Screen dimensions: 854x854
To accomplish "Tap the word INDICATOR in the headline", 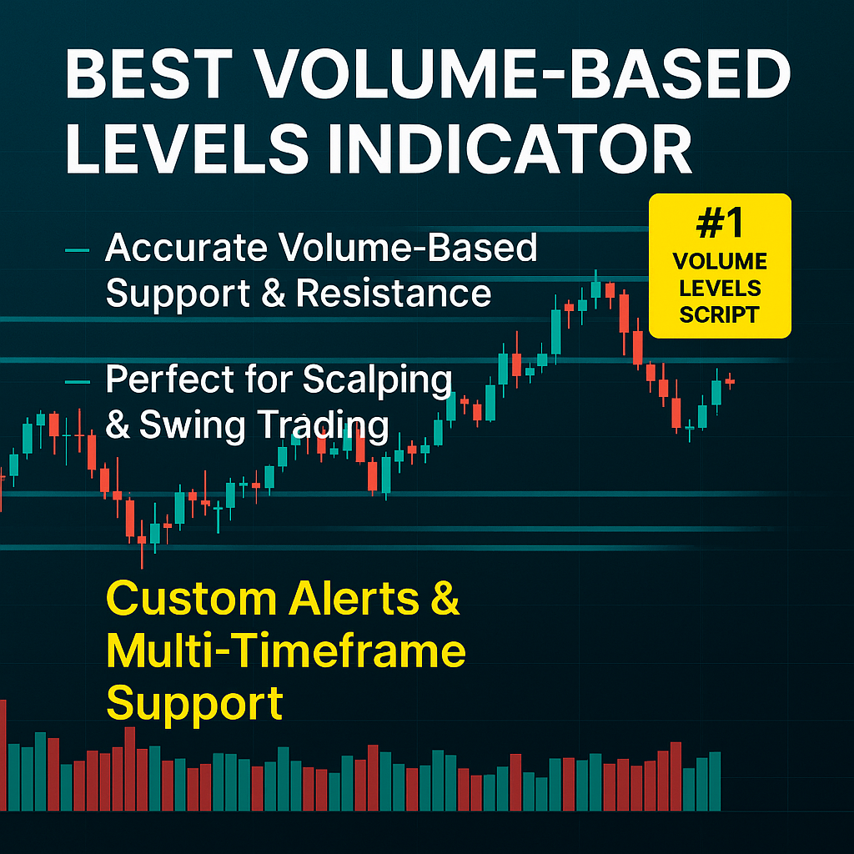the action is (x=510, y=148).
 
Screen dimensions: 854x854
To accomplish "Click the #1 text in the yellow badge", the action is (x=720, y=223).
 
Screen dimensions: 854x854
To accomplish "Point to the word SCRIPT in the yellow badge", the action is (x=720, y=314).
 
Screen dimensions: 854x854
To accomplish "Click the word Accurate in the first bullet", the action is (x=186, y=248).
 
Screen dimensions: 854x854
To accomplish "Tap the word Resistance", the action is (x=394, y=294).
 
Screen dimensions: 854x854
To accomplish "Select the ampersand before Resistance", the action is (x=274, y=294).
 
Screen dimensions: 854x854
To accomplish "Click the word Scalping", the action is (x=377, y=380).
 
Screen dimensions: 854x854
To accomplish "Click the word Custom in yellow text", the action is (x=192, y=599).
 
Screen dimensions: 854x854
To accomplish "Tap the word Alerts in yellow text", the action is (x=354, y=599).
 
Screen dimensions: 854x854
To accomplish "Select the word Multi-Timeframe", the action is (x=286, y=651).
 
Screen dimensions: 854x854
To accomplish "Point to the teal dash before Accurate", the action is (x=77, y=250).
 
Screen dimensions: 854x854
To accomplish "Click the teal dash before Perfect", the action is (x=77, y=382).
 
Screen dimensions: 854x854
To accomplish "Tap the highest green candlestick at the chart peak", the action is (x=595, y=289).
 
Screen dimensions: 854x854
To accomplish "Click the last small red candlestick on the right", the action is (x=730, y=381).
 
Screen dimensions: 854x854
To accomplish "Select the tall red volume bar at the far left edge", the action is (x=3, y=756).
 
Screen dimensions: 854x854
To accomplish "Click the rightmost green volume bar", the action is (x=715, y=781).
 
